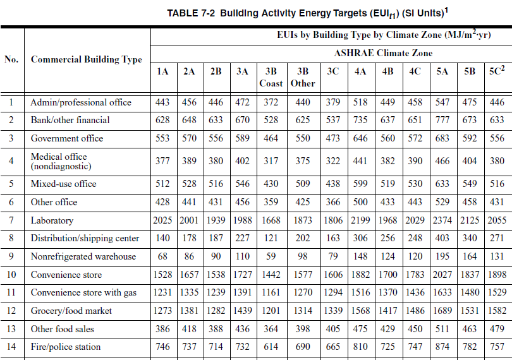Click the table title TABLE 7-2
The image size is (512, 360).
191,13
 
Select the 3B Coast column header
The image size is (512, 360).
271,77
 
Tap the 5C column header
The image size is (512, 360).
497,71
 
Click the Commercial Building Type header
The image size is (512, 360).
86,59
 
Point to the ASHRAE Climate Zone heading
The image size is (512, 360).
383,53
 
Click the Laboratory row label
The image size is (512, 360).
52,220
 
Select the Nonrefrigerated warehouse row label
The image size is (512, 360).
83,256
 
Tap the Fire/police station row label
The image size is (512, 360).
66,347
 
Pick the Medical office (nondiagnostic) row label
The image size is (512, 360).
61,161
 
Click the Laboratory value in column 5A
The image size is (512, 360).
442,220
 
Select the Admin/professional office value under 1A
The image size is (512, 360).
162,102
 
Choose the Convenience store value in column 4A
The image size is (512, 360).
360,275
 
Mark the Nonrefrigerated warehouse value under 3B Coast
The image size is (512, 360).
271,256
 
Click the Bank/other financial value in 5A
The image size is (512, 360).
442,120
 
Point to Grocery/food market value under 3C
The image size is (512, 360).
333,310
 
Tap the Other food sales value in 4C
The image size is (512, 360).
415,328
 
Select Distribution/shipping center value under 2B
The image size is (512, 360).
216,238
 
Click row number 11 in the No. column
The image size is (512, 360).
11,292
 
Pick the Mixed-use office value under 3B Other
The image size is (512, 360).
303,183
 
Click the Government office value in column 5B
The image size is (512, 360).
470,138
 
